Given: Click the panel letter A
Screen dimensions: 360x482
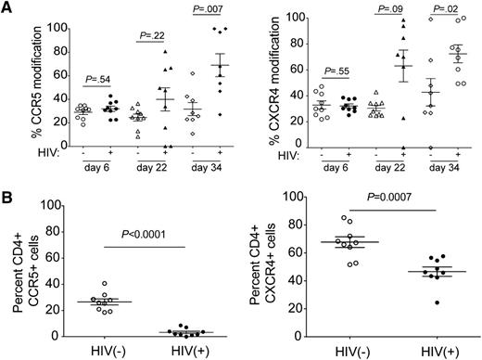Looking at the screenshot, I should pos(7,8).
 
